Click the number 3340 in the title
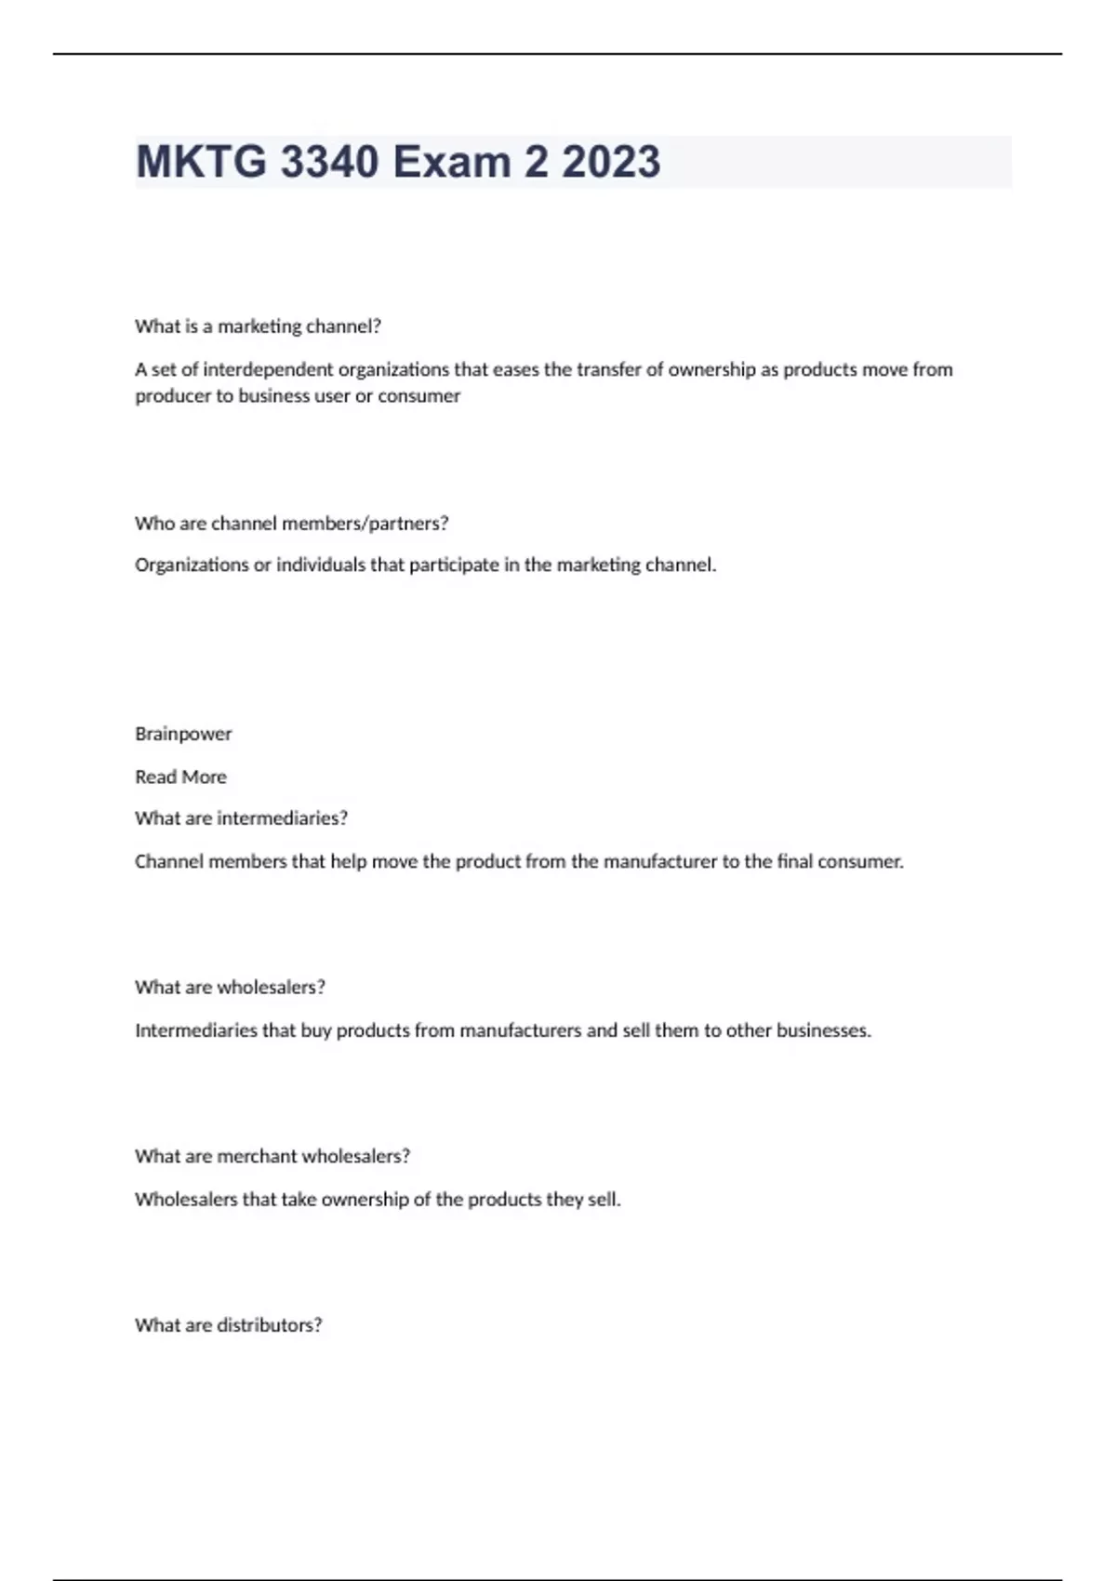(329, 162)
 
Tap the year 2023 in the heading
(611, 162)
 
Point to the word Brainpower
(183, 734)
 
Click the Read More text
(180, 777)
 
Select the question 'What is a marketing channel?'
(258, 326)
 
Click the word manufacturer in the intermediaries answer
(651, 861)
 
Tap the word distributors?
(269, 1325)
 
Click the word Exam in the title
(451, 162)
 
